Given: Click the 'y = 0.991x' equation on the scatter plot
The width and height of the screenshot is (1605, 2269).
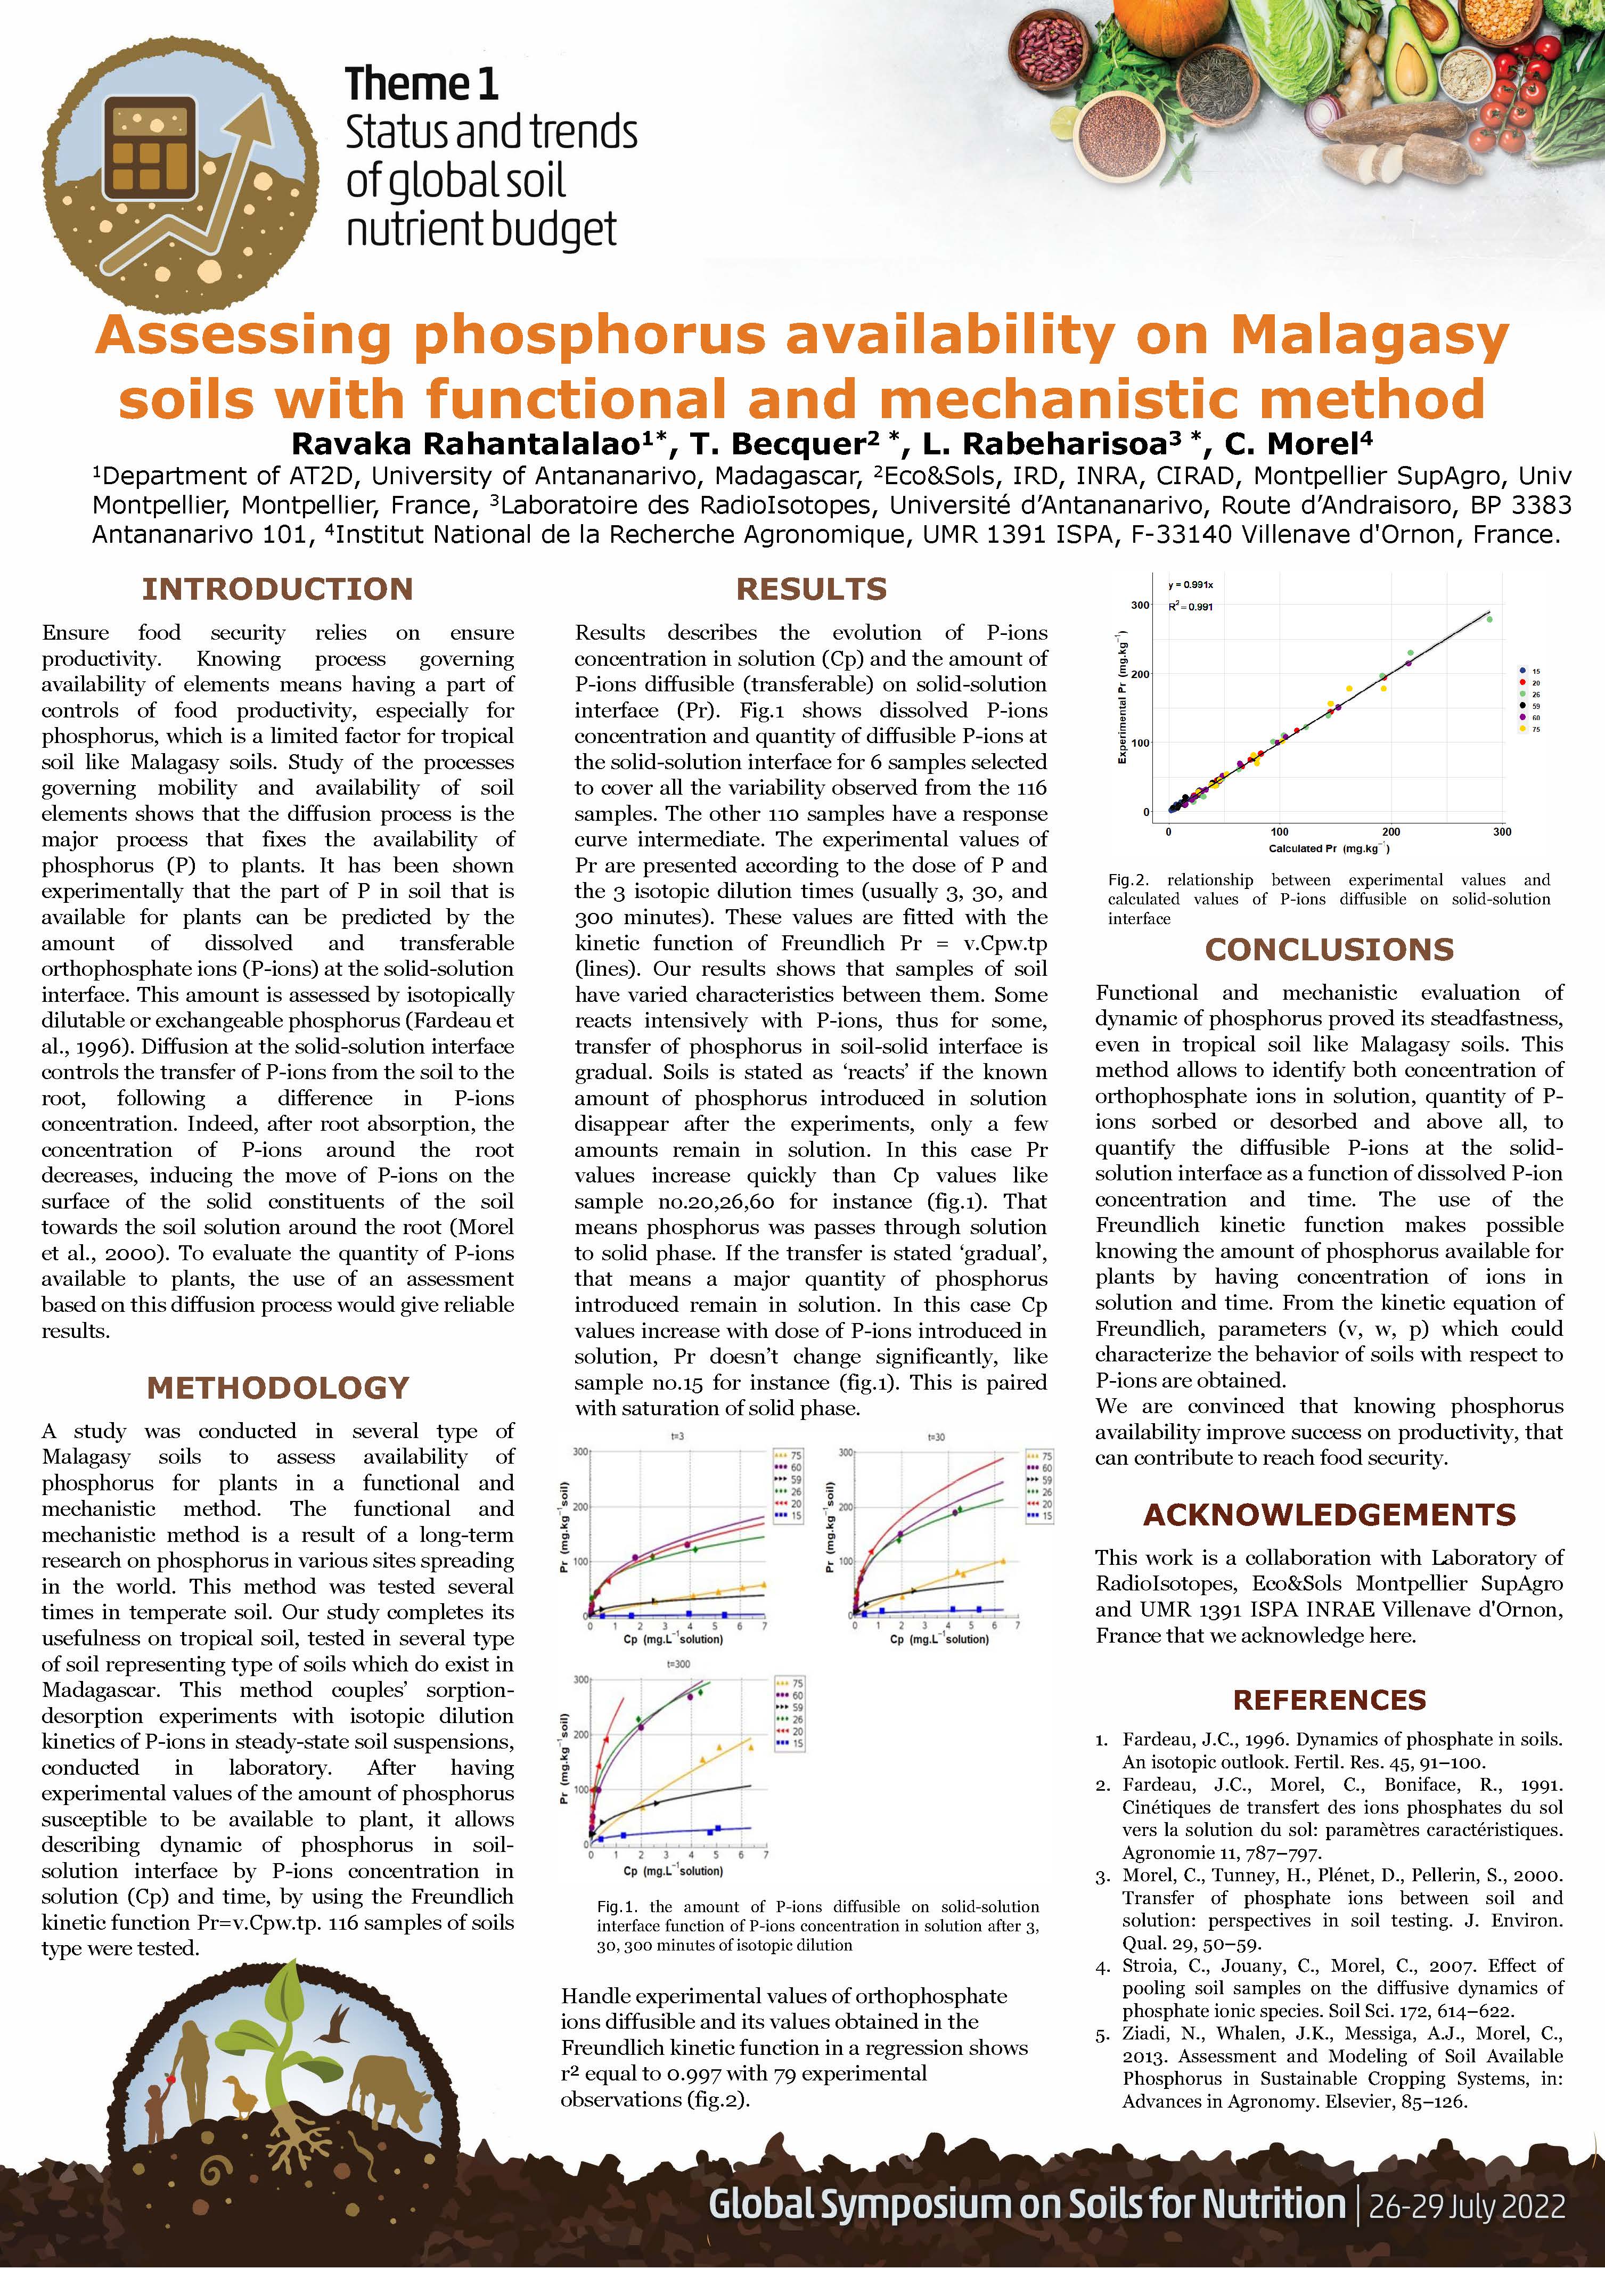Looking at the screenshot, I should tap(1190, 585).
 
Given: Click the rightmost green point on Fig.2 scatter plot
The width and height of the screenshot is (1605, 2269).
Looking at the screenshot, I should tap(1489, 618).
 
